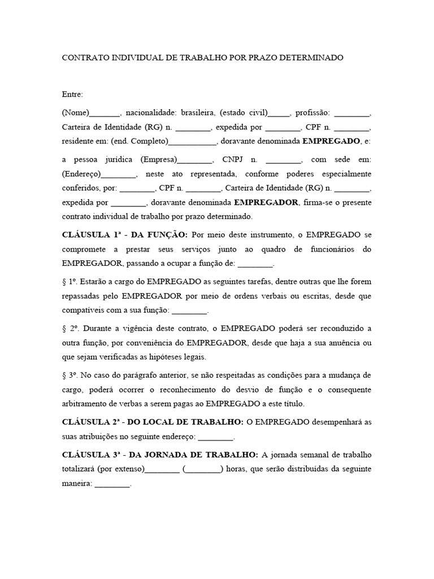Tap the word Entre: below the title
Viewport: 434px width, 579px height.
[73, 94]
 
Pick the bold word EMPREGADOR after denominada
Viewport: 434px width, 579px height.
[266, 202]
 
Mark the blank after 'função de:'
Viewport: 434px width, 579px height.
[255, 263]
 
